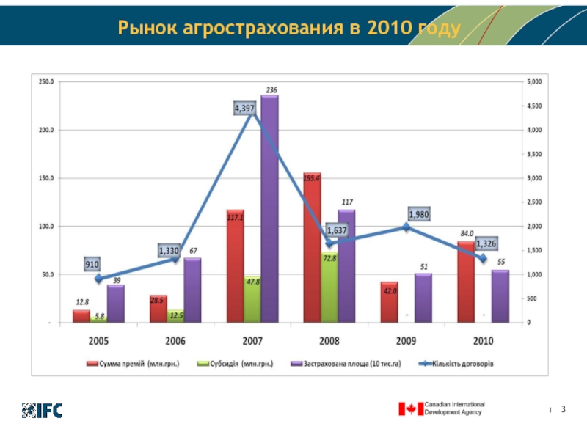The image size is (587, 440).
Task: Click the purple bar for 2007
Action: coord(269,209)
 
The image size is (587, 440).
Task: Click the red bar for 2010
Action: coord(466,282)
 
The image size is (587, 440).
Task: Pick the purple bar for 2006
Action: coord(192,290)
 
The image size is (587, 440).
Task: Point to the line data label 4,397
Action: coord(244,109)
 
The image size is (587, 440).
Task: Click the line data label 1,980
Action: coord(420,215)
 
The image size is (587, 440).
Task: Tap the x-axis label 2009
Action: coord(406,341)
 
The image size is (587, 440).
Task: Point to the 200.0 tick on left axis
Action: coord(46,130)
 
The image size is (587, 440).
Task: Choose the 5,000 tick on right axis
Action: coord(535,81)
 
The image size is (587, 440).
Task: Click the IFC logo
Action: coord(42,410)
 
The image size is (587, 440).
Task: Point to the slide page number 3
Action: coord(564,408)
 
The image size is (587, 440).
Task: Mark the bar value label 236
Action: coord(271,90)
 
